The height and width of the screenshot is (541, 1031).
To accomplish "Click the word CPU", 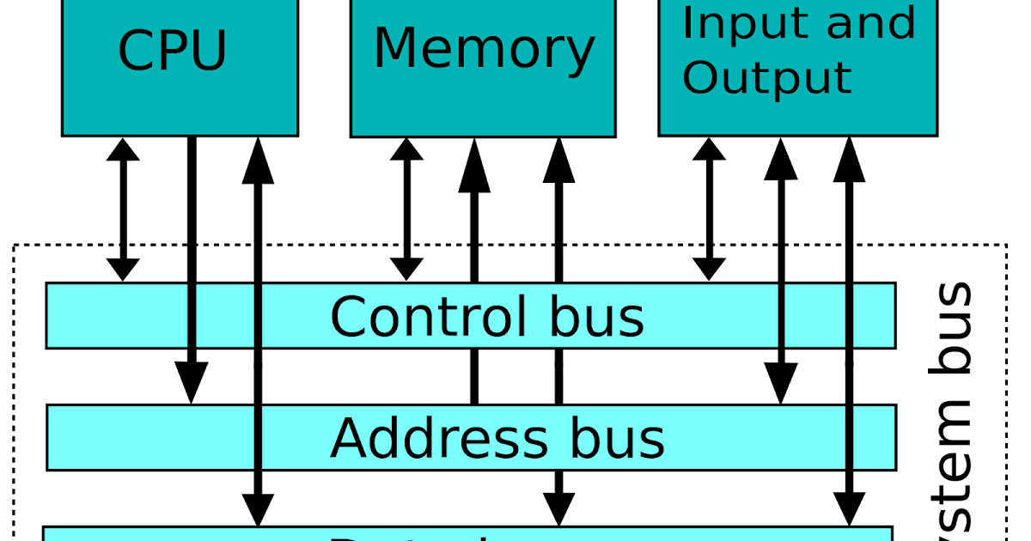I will point(172,52).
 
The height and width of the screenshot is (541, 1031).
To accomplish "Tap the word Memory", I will point(484,49).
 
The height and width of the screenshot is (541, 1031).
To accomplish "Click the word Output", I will point(766,77).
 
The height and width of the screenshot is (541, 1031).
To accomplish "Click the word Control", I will point(428,317).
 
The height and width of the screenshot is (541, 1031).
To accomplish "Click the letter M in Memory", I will point(394,49).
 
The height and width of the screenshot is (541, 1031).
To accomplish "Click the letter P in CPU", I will point(173,52).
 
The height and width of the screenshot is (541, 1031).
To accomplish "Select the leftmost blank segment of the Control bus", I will point(117,316).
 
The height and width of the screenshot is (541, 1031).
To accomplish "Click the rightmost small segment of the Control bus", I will point(873,316).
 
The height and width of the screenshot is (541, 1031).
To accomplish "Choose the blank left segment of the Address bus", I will point(150,438).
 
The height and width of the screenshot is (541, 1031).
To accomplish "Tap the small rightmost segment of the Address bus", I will point(873,438).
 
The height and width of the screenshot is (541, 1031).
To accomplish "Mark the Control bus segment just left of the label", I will point(225,316).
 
